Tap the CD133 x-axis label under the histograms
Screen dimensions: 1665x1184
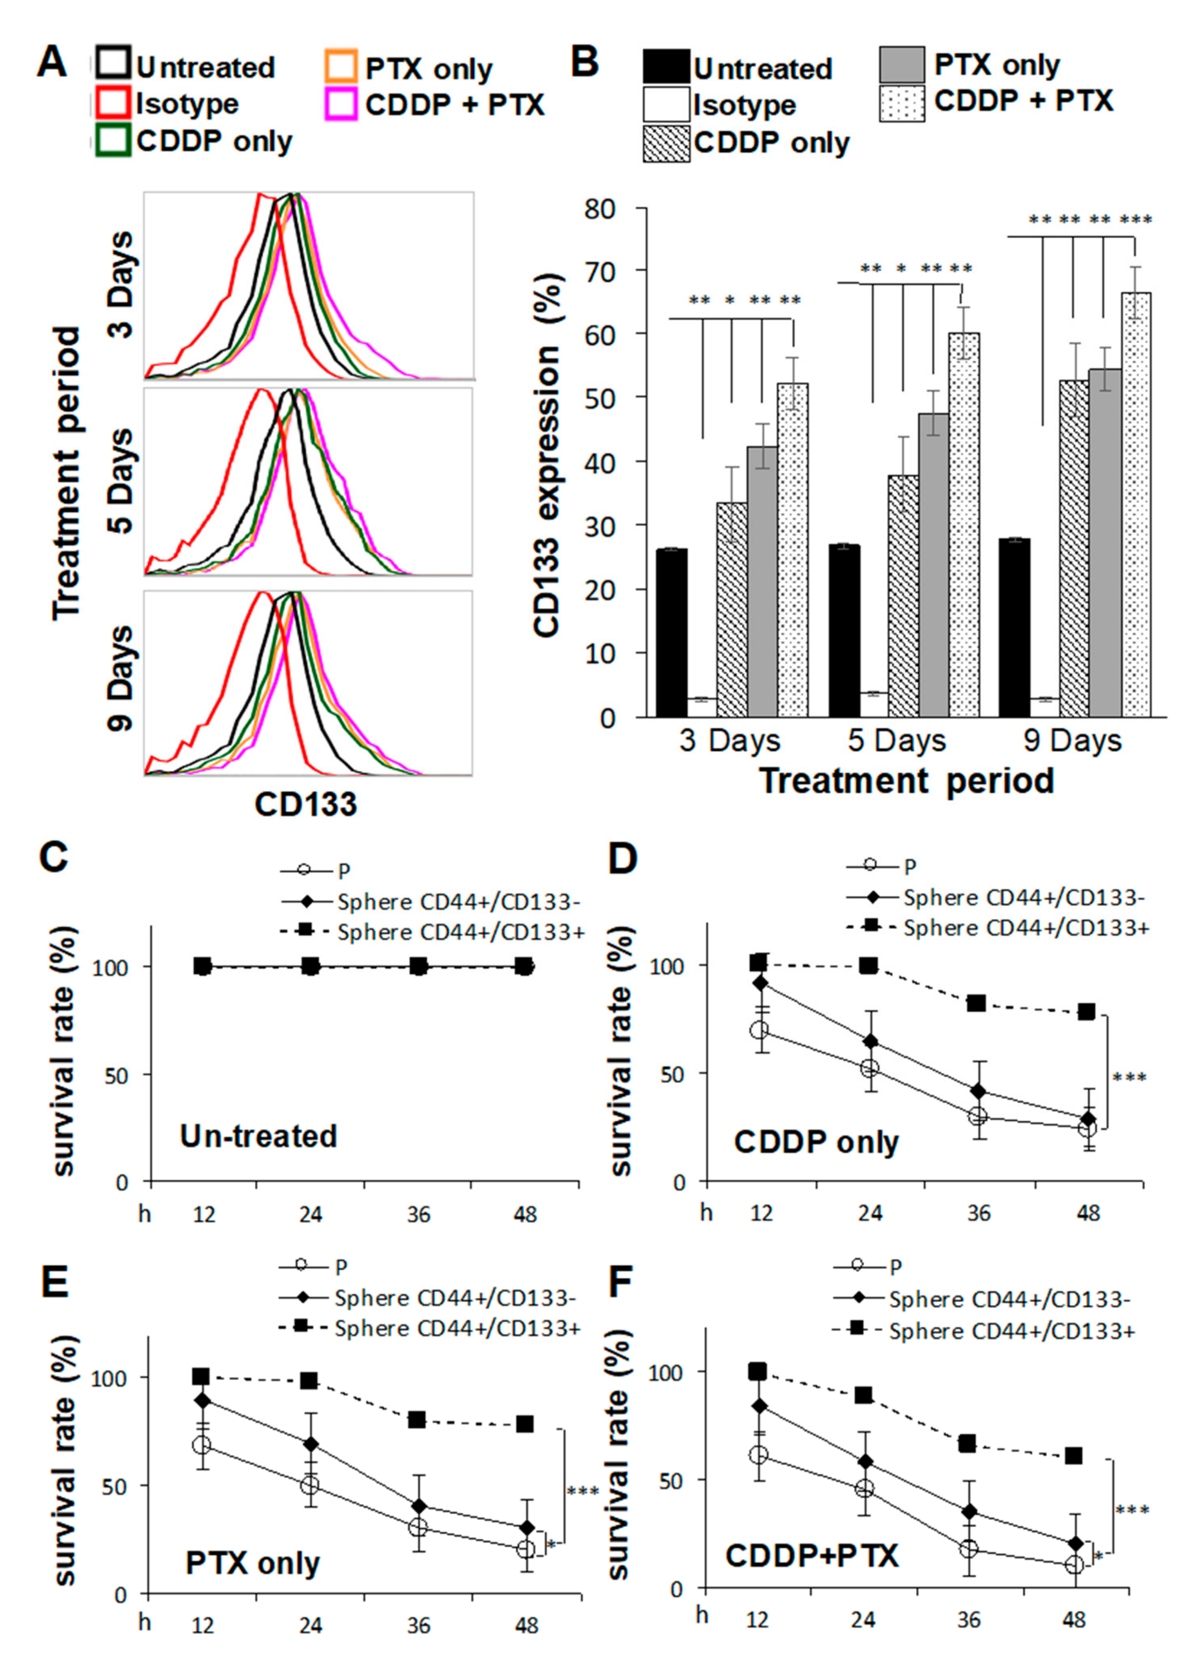click(x=306, y=804)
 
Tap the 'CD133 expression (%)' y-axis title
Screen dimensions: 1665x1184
click(x=548, y=456)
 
